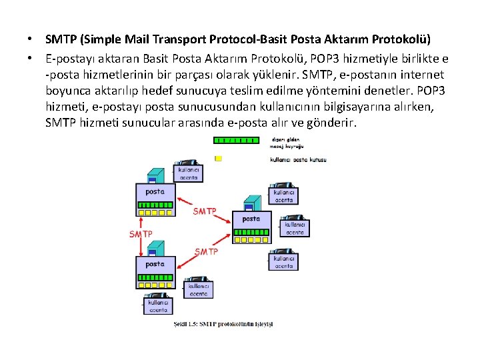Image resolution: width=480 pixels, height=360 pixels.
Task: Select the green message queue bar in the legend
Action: click(235, 140)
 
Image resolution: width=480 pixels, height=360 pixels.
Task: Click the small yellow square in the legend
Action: click(217, 159)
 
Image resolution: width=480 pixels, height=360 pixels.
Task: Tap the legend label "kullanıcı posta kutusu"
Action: click(298, 159)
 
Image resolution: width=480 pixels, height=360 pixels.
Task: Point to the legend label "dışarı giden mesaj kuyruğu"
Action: click(287, 142)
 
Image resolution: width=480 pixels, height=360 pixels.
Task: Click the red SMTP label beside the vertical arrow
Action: click(141, 234)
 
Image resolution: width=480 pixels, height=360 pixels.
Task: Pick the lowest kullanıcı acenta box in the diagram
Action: click(158, 306)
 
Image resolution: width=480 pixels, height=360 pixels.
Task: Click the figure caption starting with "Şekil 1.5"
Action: click(223, 325)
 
